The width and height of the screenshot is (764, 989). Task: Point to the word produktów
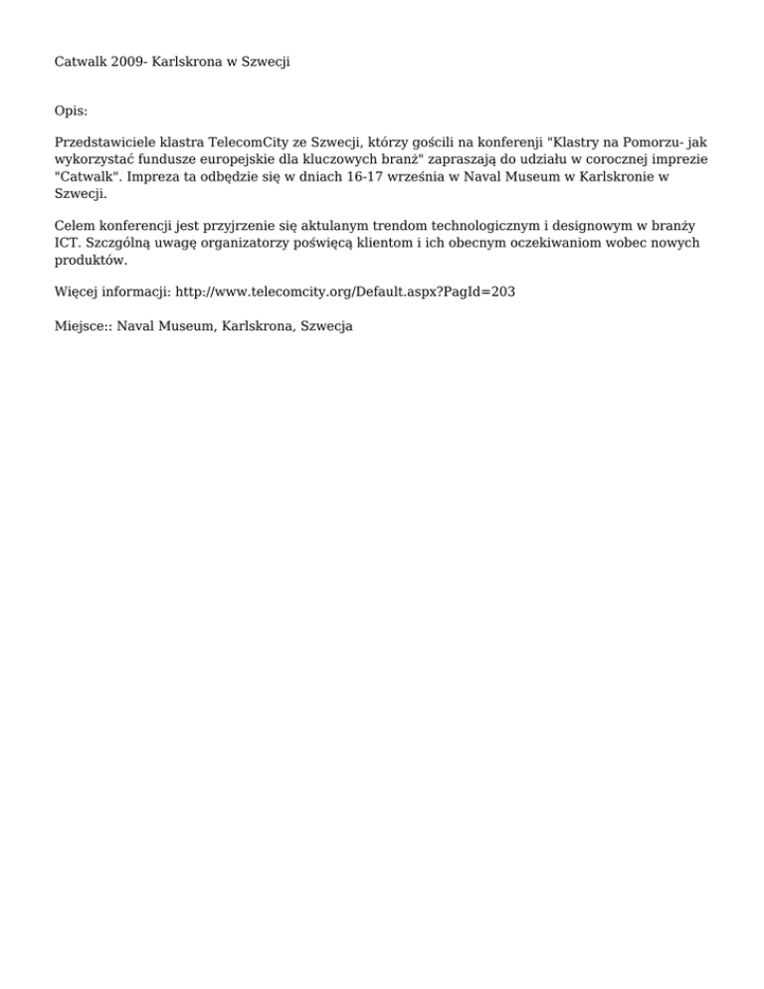click(91, 260)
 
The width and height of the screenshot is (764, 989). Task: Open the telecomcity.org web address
click(345, 293)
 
